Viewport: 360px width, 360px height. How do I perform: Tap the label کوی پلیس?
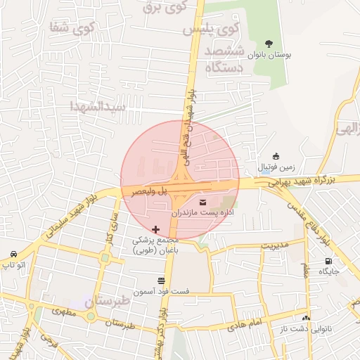210,31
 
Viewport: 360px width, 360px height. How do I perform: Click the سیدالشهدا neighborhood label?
98,107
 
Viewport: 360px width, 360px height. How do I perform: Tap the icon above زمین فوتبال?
275,156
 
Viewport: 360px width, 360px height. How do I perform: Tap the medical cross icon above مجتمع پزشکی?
155,230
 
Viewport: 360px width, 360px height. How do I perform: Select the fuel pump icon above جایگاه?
328,262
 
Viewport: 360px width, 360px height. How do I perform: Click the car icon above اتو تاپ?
14,255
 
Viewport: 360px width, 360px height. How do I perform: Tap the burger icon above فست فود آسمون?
161,281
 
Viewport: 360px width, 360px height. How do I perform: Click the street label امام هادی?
244,326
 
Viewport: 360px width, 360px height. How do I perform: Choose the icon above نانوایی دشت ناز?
306,318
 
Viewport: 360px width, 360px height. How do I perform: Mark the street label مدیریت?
276,245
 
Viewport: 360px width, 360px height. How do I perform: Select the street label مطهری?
60,310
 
